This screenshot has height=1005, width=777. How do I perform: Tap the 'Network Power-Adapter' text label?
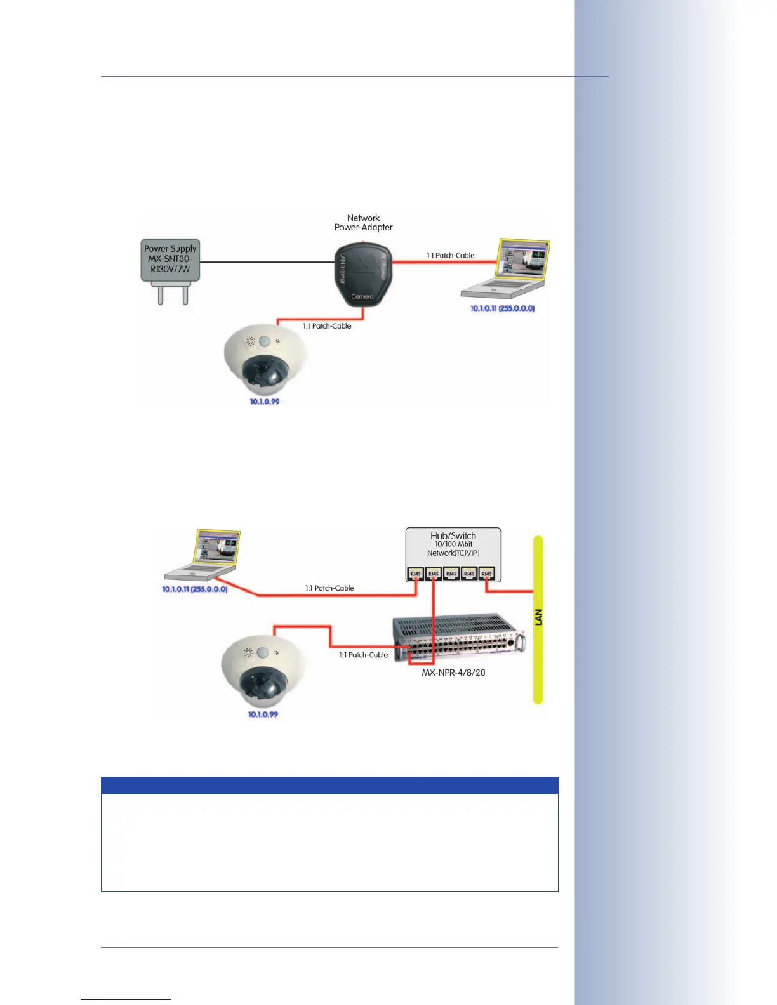pos(363,223)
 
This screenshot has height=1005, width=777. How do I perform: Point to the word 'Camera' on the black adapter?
pos(362,296)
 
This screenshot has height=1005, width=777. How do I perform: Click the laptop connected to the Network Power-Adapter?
pos(505,269)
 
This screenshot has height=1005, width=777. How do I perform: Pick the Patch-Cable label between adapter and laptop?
pos(450,256)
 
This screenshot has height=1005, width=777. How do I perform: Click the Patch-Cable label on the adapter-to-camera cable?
pos(327,326)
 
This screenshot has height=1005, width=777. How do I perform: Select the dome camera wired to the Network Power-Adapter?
pos(265,364)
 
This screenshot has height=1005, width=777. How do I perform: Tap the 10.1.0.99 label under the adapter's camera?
pos(264,402)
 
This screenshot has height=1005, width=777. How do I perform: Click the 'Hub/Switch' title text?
pos(453,536)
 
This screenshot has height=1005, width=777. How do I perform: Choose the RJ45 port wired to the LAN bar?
pos(486,574)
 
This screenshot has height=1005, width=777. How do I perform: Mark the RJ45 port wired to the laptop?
pos(416,574)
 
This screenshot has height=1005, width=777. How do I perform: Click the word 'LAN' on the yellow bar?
pos(538,617)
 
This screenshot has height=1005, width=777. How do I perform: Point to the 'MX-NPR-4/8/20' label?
pos(453,673)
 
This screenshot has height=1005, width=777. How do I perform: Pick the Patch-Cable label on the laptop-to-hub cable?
pos(329,588)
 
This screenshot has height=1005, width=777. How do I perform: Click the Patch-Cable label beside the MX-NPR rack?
pos(363,655)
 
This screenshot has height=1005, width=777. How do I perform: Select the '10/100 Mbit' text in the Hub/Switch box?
pos(453,544)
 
